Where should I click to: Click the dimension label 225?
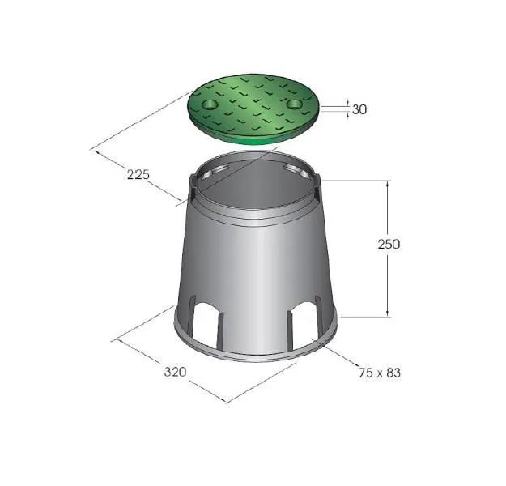pos(138,175)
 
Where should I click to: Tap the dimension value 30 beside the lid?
pos(359,109)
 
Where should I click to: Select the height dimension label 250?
pos(389,244)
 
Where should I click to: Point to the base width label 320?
pos(175,372)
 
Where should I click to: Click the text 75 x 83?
pos(380,373)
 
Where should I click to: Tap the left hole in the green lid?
pos(210,104)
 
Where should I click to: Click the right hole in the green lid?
pos(295,104)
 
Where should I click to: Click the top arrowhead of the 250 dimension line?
pos(388,183)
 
